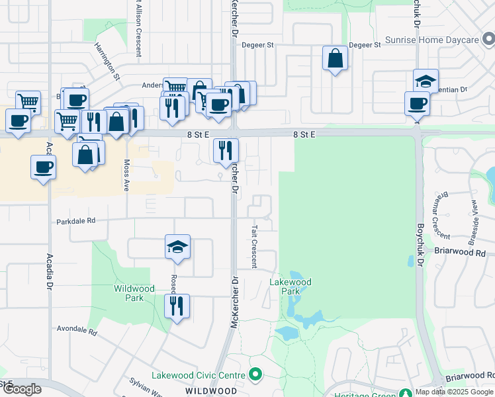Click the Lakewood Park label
290,287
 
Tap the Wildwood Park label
134,293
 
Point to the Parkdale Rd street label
75,221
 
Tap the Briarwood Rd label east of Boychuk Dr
461,252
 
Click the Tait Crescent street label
254,245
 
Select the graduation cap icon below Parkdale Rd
177,247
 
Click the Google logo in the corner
21,389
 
